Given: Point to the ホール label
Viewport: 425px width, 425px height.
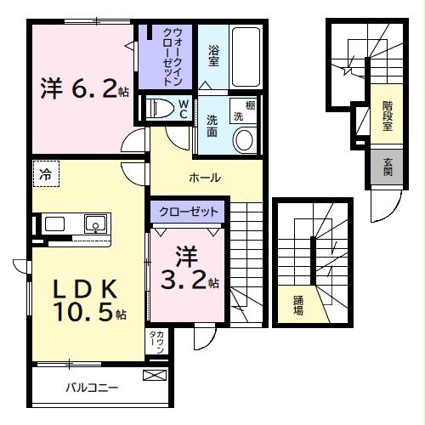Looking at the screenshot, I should coord(205,178).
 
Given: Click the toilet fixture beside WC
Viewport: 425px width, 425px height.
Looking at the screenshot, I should coord(160,109).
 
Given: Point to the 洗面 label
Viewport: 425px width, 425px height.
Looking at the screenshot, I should coord(213,126).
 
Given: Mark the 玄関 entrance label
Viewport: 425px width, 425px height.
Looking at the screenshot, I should coord(388,167).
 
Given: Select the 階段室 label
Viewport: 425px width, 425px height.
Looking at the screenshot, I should coord(387,115).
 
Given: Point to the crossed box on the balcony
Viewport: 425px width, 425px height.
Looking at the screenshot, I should coord(156,374).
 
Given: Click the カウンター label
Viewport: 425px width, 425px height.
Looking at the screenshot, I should coord(158,344).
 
